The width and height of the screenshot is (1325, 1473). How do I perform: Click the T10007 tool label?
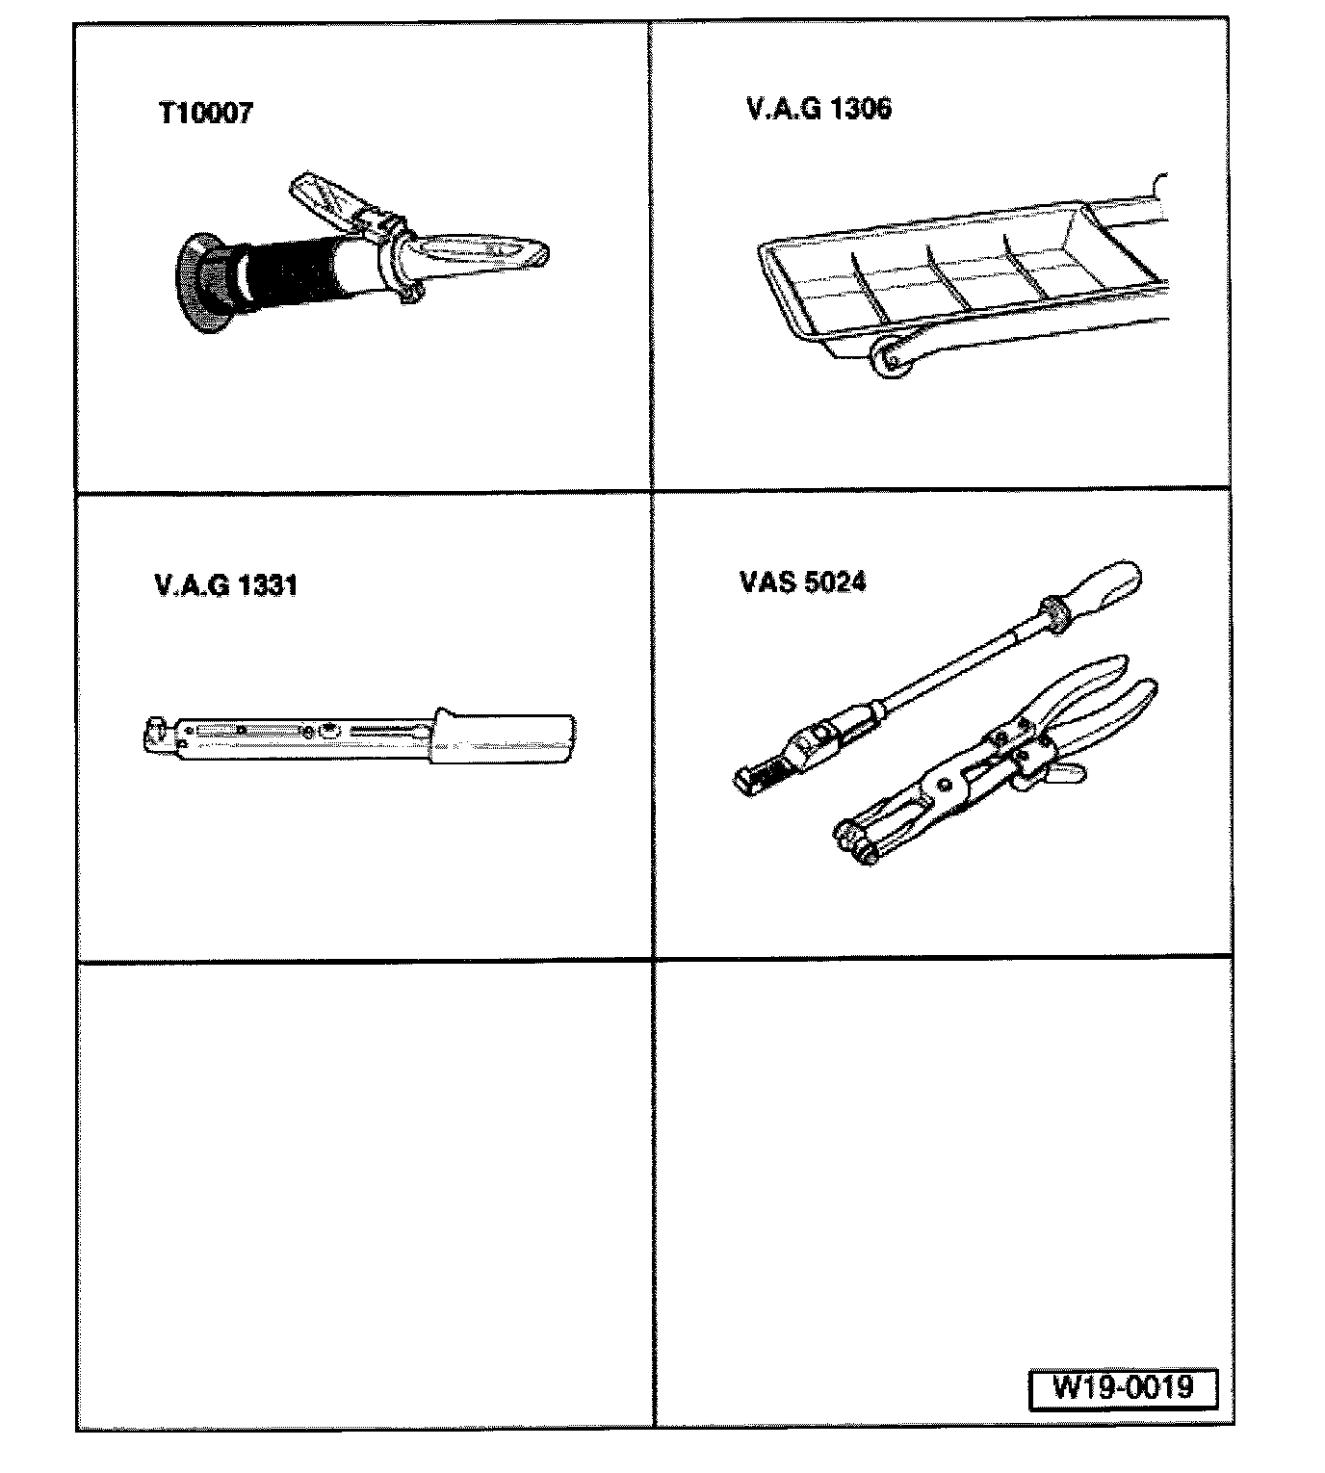(x=205, y=114)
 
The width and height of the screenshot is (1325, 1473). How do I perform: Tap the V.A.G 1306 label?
(x=818, y=108)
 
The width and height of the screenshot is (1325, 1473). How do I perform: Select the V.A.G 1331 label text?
(x=225, y=584)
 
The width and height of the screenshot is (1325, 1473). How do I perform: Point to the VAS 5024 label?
(x=802, y=581)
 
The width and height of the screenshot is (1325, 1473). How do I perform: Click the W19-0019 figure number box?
(x=1123, y=1387)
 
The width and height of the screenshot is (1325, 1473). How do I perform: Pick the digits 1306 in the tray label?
(x=860, y=108)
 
